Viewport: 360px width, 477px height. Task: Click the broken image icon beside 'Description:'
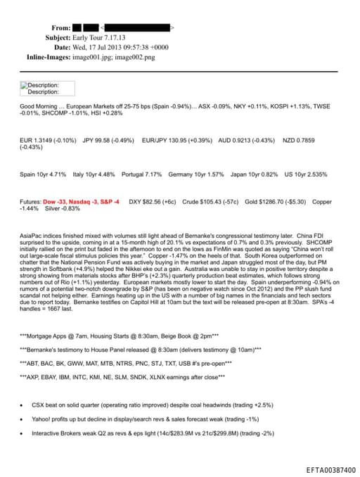(x=23, y=84)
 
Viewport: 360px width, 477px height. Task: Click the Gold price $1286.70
(x=274, y=201)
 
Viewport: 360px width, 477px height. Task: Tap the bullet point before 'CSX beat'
(x=23, y=405)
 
